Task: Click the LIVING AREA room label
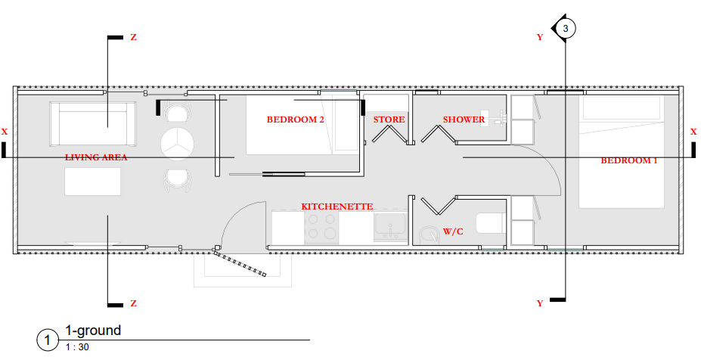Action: click(x=96, y=157)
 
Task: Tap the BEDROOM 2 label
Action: click(x=296, y=119)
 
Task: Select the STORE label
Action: click(x=389, y=119)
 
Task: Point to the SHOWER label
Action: click(x=464, y=119)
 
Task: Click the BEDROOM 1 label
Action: click(x=629, y=160)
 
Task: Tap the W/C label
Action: click(x=454, y=231)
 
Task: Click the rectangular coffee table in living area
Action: click(x=92, y=182)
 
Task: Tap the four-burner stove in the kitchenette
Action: click(x=321, y=227)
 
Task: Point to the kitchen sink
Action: click(x=390, y=226)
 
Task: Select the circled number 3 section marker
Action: click(x=566, y=29)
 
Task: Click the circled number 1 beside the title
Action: click(x=48, y=340)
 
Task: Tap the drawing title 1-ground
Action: click(x=93, y=331)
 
